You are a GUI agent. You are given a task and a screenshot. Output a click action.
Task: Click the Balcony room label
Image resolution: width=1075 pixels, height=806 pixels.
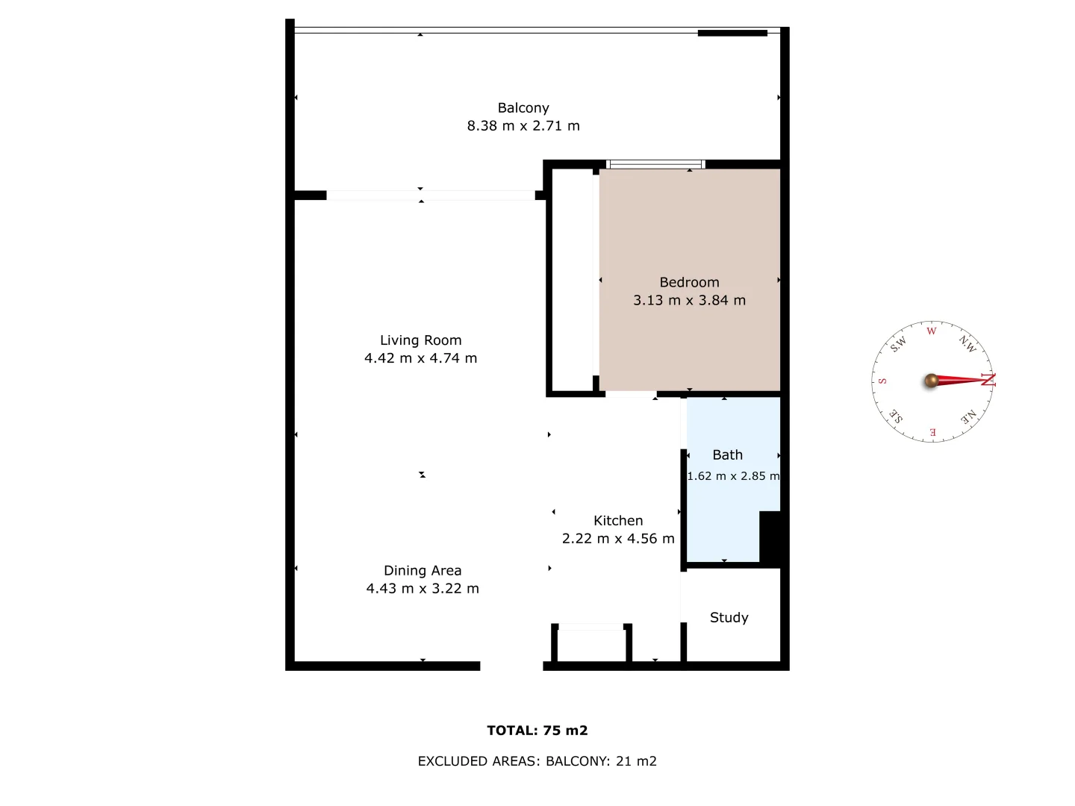click(523, 108)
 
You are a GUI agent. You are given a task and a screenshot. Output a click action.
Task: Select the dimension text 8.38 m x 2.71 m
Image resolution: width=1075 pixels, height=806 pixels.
click(523, 126)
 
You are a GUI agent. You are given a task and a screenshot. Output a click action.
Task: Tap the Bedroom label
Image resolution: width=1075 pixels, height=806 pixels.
click(689, 282)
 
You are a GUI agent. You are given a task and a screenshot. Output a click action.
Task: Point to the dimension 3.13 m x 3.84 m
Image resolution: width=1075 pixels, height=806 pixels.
click(689, 300)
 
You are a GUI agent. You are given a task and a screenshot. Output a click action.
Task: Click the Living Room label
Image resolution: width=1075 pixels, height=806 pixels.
click(420, 340)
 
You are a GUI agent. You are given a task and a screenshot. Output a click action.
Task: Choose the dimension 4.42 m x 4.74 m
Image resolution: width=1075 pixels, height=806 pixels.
click(420, 358)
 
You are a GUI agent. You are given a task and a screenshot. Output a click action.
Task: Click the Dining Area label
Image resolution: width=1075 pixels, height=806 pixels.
click(423, 571)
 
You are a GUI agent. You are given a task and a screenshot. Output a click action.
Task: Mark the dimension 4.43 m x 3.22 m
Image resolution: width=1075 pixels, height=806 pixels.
click(423, 589)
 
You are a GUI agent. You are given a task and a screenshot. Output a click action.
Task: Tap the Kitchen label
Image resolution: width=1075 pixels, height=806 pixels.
click(618, 521)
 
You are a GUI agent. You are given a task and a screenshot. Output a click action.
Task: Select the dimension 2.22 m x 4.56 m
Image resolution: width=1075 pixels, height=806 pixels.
click(618, 539)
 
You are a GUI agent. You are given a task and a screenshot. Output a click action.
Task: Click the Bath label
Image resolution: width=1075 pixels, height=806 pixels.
click(727, 455)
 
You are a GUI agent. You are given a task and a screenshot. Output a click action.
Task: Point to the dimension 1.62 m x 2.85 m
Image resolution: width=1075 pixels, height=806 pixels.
click(733, 476)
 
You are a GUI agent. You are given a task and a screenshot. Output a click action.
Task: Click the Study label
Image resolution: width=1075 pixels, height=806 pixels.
click(729, 618)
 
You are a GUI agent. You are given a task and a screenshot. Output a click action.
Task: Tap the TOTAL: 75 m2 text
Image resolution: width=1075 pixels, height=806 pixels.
click(537, 731)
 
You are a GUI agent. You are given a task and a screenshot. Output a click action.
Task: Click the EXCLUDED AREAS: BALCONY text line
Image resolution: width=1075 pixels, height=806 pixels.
click(537, 761)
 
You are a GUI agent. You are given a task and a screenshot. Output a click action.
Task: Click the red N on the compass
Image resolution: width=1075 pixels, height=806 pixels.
click(988, 380)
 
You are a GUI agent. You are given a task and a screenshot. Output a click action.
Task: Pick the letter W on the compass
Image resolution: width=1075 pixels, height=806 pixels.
click(931, 331)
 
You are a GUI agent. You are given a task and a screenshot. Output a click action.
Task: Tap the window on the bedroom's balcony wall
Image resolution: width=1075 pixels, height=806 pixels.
click(655, 164)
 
